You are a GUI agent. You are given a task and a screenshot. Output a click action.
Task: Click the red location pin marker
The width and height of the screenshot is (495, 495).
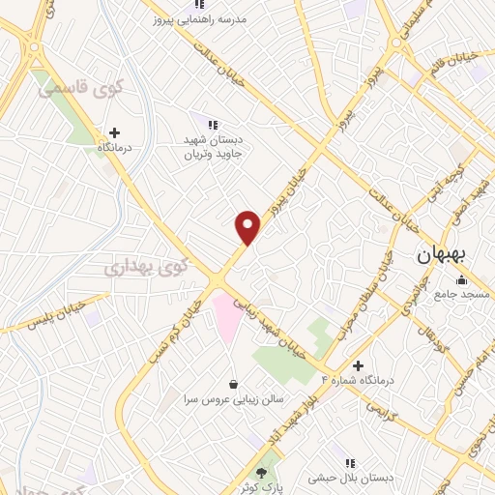(248, 227)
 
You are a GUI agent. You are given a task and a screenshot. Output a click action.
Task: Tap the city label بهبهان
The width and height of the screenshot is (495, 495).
(441, 256)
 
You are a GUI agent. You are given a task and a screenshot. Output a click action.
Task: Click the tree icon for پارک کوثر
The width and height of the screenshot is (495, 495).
(262, 472)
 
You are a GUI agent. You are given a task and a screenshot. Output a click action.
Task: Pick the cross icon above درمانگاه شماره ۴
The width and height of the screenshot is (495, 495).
(359, 365)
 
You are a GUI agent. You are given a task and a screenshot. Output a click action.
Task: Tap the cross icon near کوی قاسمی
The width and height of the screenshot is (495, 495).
(115, 132)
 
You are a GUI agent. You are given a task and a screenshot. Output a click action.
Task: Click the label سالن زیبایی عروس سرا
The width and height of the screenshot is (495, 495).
(230, 397)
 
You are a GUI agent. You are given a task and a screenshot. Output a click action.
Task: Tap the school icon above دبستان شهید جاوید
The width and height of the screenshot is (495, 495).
(213, 124)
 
